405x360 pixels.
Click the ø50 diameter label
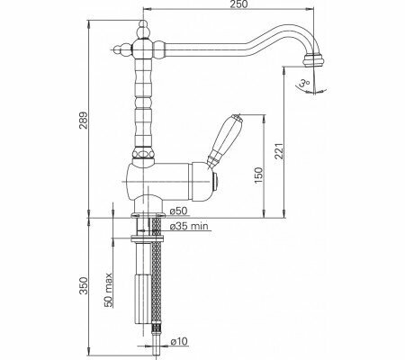pos(176,210)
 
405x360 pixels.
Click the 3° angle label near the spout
pos(303,84)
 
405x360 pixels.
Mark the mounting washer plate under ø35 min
pos(147,240)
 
